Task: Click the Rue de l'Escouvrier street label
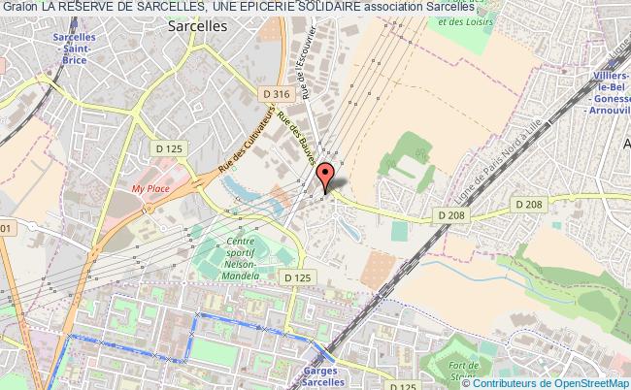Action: coord(304,73)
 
